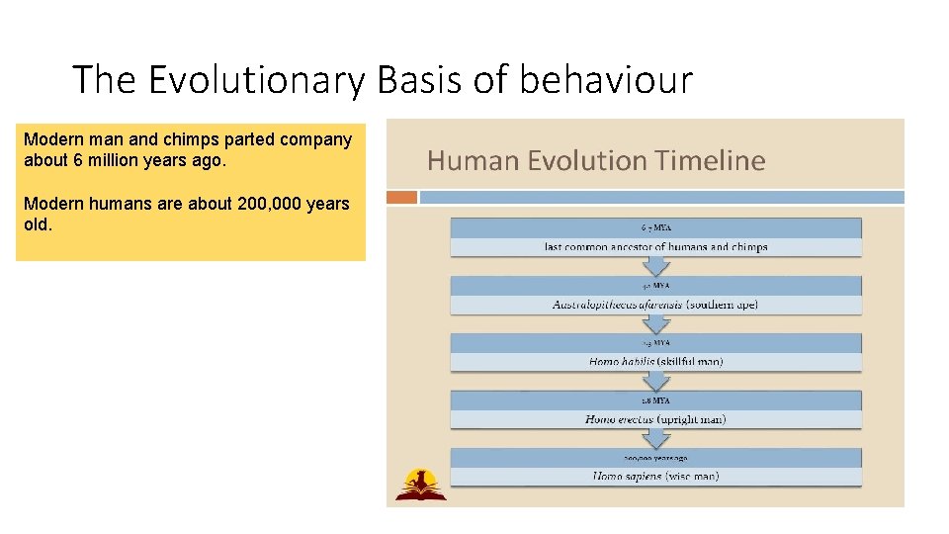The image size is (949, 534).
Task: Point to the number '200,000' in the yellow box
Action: click(x=270, y=204)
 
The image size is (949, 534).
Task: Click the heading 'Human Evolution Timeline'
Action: click(x=596, y=160)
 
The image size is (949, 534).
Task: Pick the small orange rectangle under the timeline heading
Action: click(x=401, y=197)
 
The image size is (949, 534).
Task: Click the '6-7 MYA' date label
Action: click(x=655, y=227)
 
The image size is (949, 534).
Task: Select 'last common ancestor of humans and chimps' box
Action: click(x=655, y=246)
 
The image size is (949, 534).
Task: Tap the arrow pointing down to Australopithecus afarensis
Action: click(x=655, y=267)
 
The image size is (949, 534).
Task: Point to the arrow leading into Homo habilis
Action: click(x=655, y=324)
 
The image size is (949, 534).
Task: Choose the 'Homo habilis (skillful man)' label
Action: click(x=655, y=361)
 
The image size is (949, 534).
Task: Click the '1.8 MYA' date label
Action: click(x=655, y=400)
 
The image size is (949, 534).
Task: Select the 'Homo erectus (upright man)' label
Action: click(x=655, y=419)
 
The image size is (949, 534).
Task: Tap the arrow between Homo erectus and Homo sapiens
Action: click(x=655, y=440)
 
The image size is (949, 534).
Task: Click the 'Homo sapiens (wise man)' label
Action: click(x=655, y=476)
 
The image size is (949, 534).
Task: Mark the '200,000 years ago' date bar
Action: click(x=655, y=458)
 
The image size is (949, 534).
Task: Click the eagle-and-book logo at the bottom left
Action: click(x=420, y=485)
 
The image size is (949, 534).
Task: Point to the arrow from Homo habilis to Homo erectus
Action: click(x=655, y=382)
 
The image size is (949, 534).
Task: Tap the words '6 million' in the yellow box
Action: click(x=105, y=159)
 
